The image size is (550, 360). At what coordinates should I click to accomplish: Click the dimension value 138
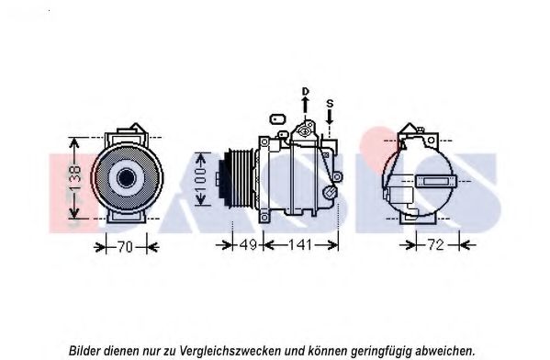click(75, 178)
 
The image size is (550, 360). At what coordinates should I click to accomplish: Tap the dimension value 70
click(125, 247)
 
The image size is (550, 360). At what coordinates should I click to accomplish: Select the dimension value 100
click(201, 179)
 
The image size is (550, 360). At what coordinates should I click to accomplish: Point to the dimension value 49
click(248, 244)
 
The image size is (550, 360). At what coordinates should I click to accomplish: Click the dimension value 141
click(299, 244)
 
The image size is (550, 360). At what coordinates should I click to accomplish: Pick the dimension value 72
click(436, 244)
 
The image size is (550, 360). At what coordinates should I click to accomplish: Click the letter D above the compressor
click(306, 91)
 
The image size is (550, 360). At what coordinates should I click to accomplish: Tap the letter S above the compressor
click(330, 104)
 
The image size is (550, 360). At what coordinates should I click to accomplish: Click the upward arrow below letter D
click(305, 105)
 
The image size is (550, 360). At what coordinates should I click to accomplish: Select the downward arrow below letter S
click(330, 117)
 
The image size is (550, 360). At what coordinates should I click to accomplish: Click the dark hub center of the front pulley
click(126, 178)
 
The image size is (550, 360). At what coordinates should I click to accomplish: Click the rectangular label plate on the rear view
click(435, 182)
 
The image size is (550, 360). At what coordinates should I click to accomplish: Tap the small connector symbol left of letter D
click(277, 119)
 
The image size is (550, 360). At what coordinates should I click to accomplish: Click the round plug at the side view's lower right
click(330, 192)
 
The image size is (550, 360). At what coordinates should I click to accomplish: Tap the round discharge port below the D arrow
click(305, 131)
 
